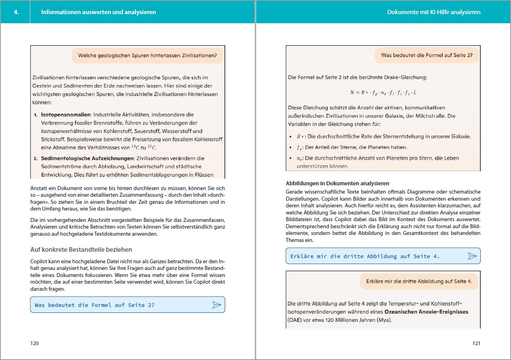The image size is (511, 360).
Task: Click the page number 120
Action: click(35, 343)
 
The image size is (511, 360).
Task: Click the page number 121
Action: click(476, 343)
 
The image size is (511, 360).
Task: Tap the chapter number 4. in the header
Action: click(16, 12)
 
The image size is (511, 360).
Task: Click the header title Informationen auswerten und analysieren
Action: click(98, 12)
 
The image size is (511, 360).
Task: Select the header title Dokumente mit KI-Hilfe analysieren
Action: click(434, 12)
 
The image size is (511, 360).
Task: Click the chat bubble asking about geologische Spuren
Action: click(147, 55)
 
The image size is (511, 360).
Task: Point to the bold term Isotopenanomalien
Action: click(66, 114)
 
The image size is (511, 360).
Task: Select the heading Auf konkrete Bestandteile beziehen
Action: click(81, 249)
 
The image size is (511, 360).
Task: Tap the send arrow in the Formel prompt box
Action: click(217, 305)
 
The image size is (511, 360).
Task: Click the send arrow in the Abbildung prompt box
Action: click(472, 256)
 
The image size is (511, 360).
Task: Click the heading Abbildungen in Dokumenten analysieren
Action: click(337, 183)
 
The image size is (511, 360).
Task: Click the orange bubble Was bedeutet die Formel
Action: click(426, 55)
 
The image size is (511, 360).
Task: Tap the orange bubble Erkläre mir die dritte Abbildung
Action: click(419, 281)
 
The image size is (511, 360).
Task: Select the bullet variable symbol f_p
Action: click(300, 148)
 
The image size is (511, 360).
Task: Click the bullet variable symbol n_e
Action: click(300, 158)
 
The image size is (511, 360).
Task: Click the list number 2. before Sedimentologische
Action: click(35, 158)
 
